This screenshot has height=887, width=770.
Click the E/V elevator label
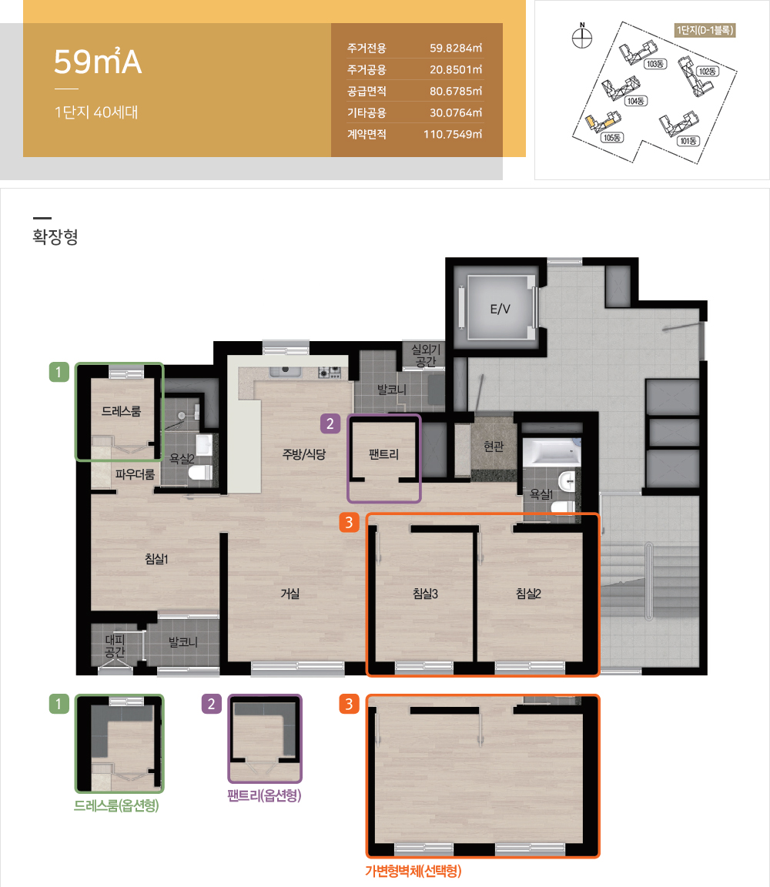click(x=500, y=309)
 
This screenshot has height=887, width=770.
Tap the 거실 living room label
click(x=290, y=594)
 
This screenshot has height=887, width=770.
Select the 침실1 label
click(x=157, y=559)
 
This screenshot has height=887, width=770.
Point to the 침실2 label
click(x=528, y=594)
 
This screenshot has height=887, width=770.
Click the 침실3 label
click(x=426, y=594)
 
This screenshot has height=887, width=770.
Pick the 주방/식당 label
click(x=304, y=454)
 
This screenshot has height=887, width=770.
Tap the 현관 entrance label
click(x=494, y=447)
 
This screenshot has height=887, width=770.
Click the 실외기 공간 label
click(x=426, y=356)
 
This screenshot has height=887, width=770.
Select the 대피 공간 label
click(x=115, y=645)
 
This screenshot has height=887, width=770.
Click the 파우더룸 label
click(x=135, y=474)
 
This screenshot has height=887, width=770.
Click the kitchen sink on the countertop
click(x=286, y=370)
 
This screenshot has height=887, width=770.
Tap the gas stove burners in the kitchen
click(x=330, y=372)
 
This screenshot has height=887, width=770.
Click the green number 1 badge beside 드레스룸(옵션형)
click(x=59, y=705)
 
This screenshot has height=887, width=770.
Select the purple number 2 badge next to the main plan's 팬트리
click(x=330, y=423)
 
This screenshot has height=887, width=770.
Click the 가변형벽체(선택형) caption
click(x=413, y=871)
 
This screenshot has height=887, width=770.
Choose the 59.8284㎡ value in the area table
click(x=456, y=48)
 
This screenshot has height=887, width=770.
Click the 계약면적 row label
click(x=367, y=134)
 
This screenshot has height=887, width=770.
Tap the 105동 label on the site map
click(x=612, y=138)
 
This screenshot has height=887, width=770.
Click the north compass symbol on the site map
click(x=582, y=36)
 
